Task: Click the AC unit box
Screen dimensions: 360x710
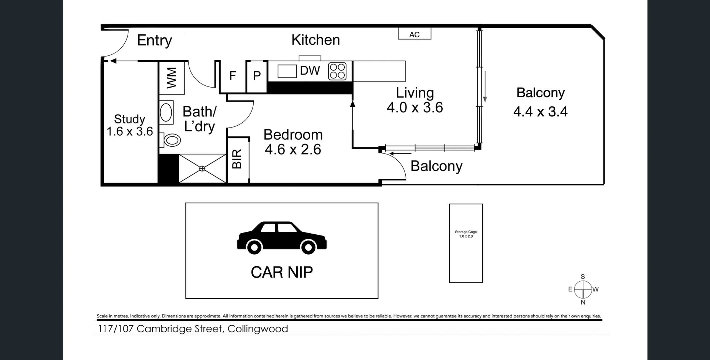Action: click(414, 34)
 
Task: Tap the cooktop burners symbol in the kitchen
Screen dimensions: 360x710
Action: click(337, 71)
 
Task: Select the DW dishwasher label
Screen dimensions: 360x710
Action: click(310, 71)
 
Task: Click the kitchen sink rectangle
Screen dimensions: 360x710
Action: click(287, 71)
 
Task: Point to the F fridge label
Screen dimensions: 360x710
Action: click(233, 76)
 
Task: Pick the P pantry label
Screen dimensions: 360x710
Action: click(257, 76)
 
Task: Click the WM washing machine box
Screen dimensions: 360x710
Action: click(172, 78)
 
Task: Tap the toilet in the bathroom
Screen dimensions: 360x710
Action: click(171, 140)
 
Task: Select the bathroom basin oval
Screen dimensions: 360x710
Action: click(166, 112)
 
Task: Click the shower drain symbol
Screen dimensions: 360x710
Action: click(202, 169)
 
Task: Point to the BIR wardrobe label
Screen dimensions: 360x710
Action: click(237, 159)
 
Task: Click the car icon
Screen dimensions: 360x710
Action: click(282, 238)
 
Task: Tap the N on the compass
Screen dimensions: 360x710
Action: click(583, 302)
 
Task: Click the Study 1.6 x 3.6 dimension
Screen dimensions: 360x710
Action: click(130, 132)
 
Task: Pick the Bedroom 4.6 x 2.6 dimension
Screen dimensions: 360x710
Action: click(293, 150)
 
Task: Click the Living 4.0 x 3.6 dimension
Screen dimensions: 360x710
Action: click(415, 108)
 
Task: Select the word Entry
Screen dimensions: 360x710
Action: click(155, 40)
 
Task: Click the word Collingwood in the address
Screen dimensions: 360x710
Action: click(258, 329)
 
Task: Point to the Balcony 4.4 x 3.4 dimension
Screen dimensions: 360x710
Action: click(540, 112)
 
